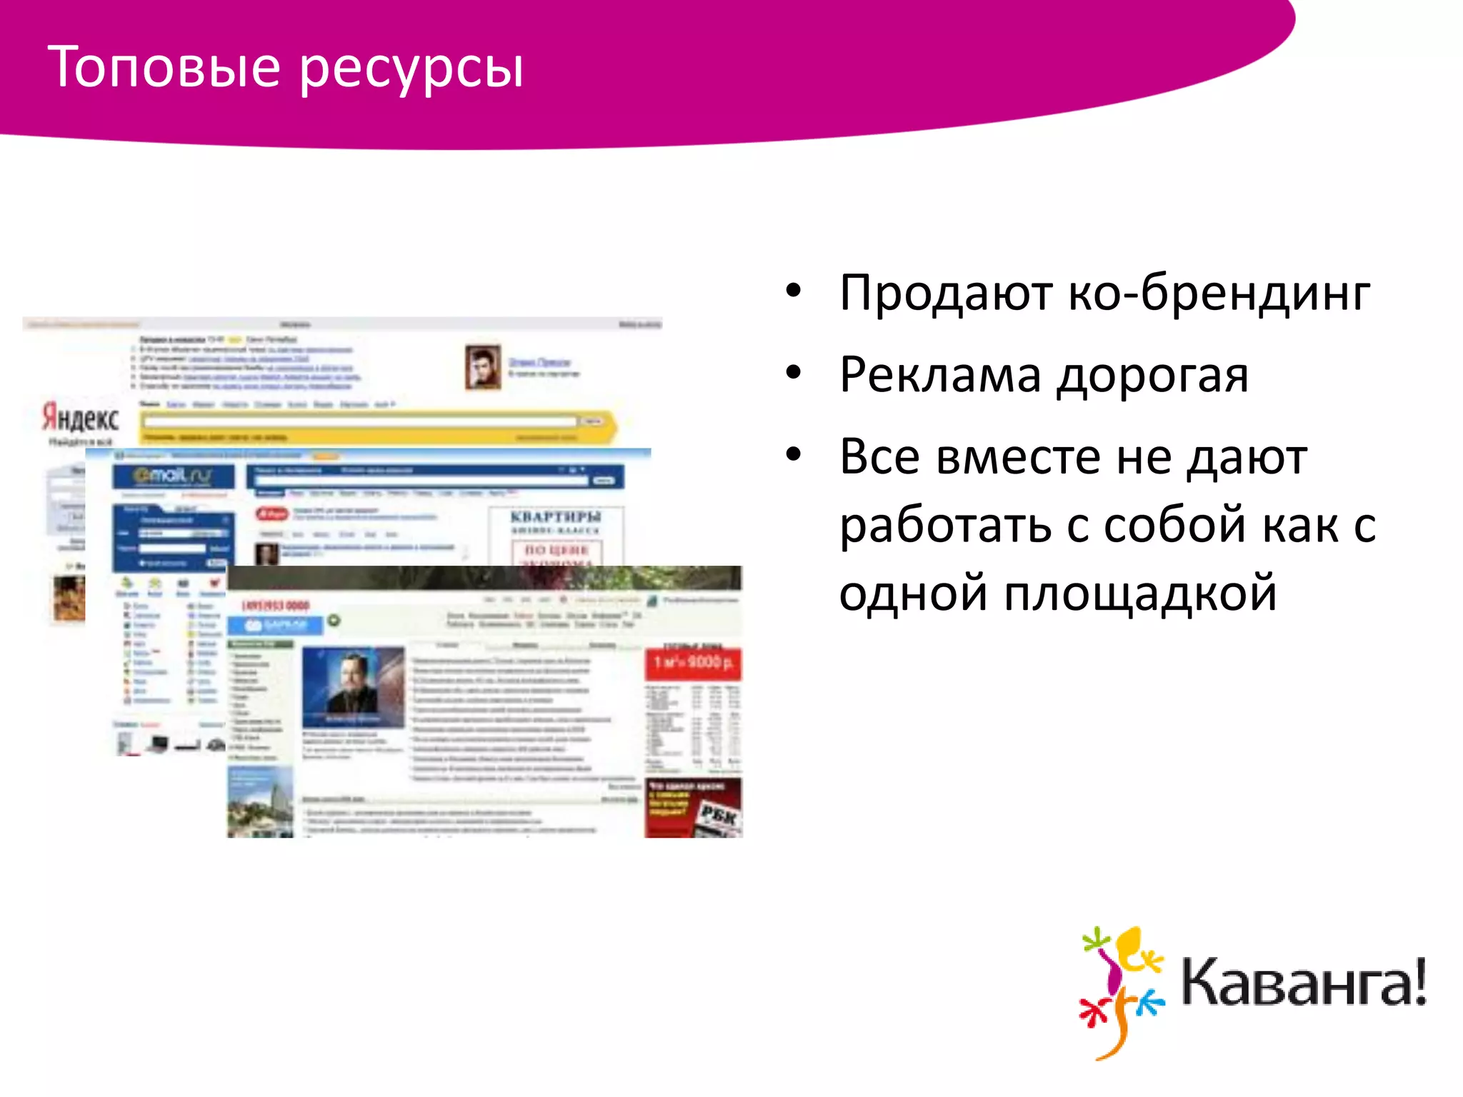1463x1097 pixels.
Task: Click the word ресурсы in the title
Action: tap(411, 69)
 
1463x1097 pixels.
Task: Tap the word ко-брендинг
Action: tap(1219, 293)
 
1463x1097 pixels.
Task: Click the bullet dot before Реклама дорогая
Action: tap(794, 373)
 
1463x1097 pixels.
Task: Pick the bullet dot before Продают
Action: tap(794, 291)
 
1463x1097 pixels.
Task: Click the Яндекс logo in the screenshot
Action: tap(80, 417)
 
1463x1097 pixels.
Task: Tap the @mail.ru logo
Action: tap(172, 476)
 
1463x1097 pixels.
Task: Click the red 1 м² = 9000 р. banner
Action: tap(693, 663)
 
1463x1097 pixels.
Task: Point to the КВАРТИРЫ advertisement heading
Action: tap(556, 516)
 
